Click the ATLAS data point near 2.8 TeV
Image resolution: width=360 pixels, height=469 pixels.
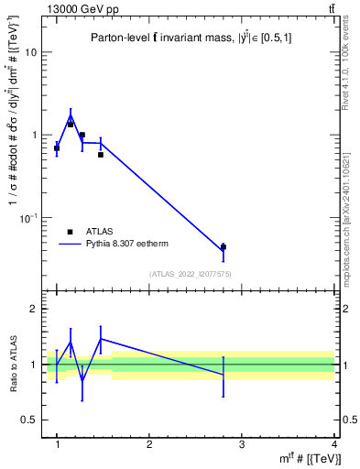(224, 246)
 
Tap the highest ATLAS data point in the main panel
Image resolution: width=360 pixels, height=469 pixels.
(71, 124)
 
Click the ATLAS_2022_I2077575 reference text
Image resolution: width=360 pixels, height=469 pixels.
(190, 274)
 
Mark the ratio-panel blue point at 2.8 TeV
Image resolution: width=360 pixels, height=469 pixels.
(224, 375)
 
